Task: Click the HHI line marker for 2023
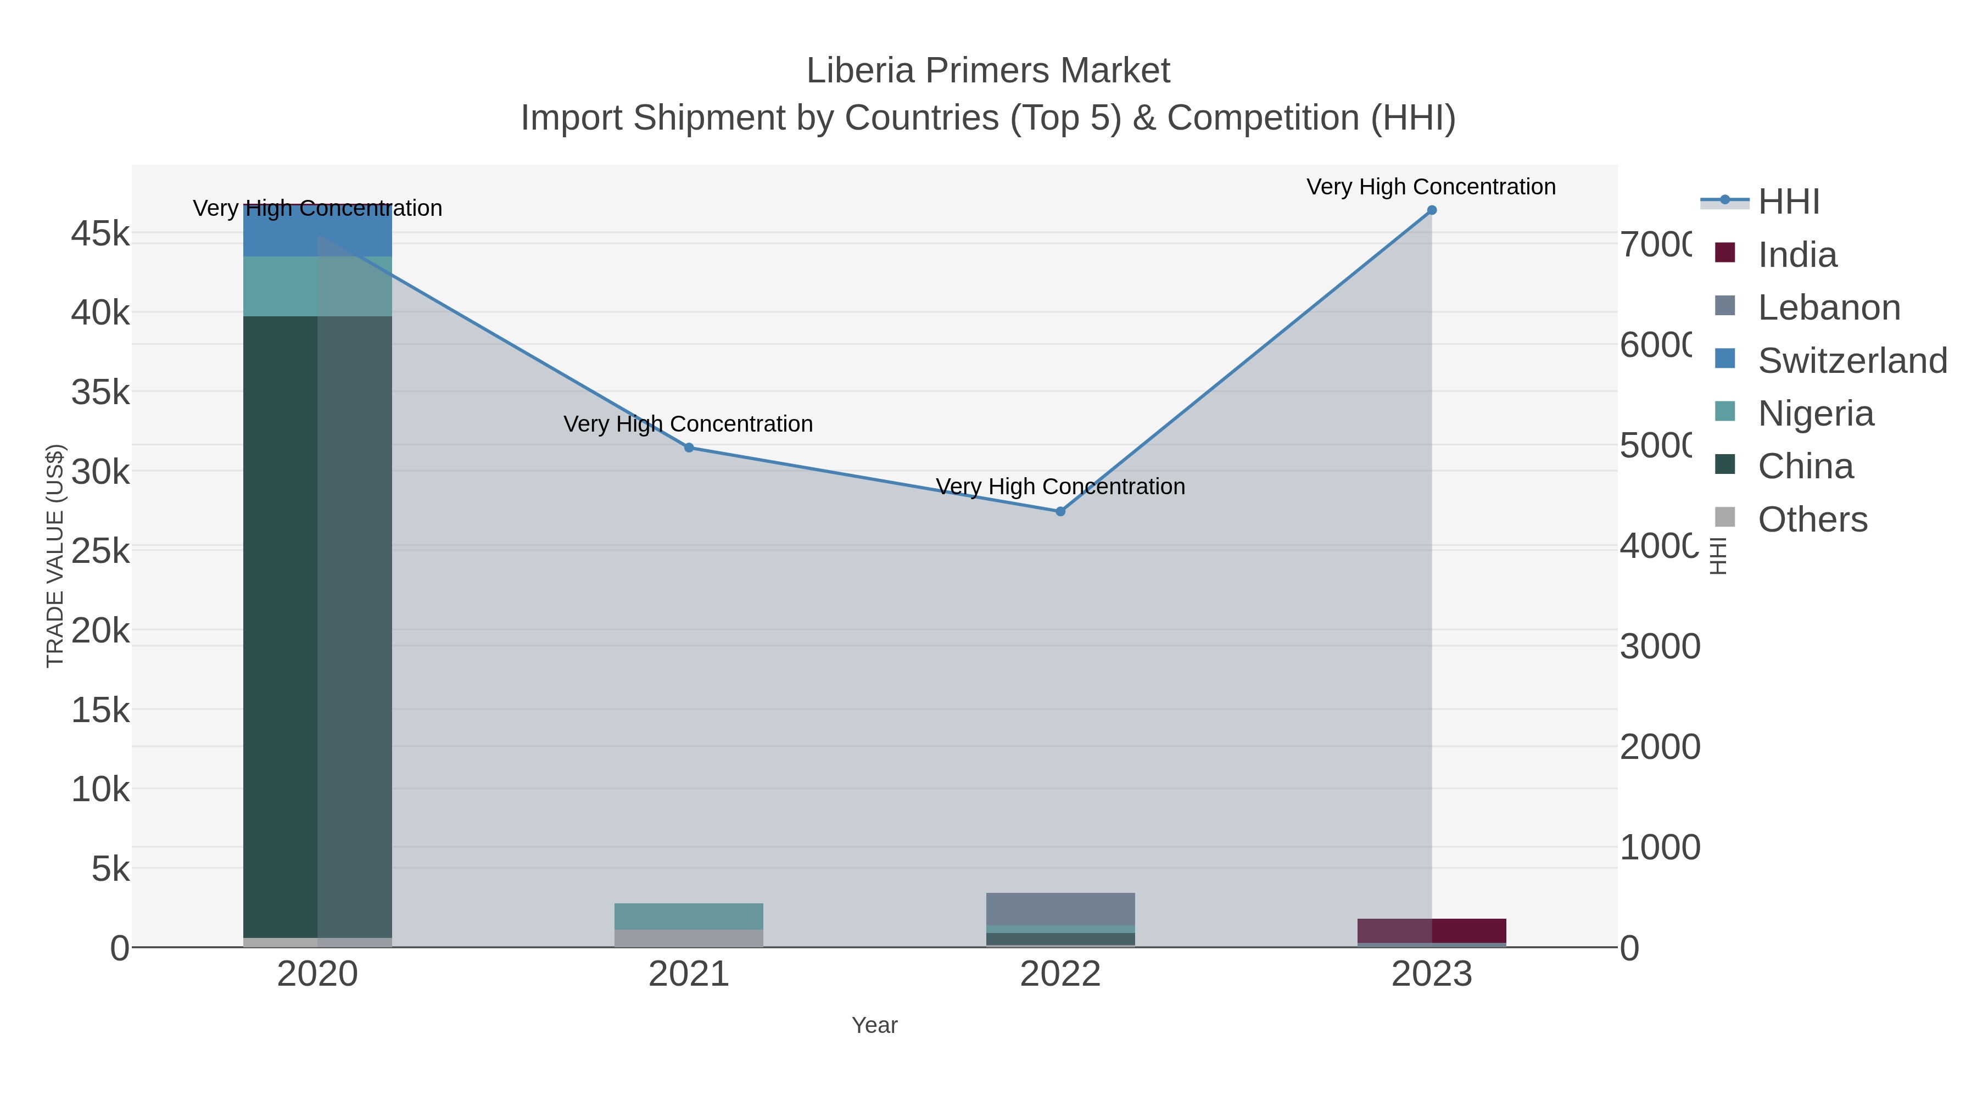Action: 1431,210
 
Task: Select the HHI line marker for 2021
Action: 689,448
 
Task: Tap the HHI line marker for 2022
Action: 1060,511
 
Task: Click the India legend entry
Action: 1797,255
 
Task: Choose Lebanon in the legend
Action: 1828,308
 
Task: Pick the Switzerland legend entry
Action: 1851,361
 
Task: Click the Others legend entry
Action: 1812,519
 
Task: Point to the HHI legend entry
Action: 1788,202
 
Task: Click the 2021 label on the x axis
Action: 689,975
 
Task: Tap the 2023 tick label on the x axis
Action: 1431,975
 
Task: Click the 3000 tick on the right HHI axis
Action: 1659,646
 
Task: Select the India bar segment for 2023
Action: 1431,930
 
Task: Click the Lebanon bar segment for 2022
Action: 1060,909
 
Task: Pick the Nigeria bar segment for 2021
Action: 689,917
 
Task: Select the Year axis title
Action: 874,1025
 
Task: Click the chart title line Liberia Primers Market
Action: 988,71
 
